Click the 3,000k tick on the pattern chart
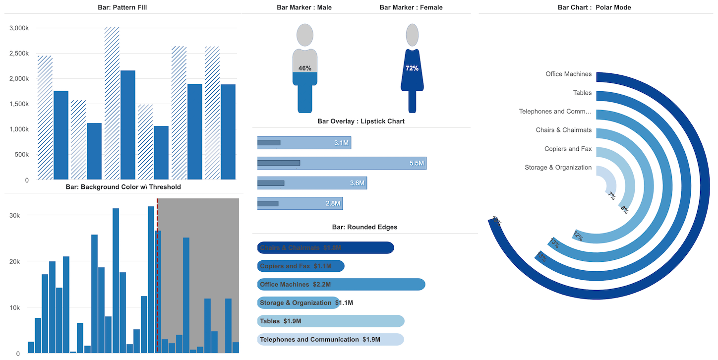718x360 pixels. (19, 28)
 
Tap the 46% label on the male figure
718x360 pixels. (305, 68)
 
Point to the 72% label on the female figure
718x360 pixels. (412, 68)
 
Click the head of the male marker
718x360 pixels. (305, 36)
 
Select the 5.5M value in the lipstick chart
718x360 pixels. (417, 163)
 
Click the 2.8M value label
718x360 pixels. (333, 203)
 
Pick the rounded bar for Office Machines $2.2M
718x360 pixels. (341, 285)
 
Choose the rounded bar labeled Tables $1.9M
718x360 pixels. (331, 321)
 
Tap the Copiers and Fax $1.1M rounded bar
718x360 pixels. (300, 266)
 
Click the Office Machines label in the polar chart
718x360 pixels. (568, 74)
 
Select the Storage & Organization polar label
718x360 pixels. (558, 168)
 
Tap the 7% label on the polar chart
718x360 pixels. (612, 196)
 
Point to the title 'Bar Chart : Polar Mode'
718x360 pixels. (594, 7)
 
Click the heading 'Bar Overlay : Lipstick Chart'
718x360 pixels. (360, 121)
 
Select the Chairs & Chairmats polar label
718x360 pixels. (563, 130)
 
